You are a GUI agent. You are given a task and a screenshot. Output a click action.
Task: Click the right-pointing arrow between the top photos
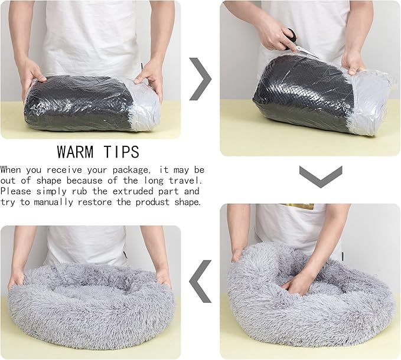pos(200,78)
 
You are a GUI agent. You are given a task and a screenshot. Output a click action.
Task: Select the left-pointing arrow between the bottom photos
pos(200,281)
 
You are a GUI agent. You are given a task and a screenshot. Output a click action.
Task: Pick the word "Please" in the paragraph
pos(17,191)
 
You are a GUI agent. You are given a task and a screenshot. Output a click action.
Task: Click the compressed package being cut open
pos(313,94)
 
